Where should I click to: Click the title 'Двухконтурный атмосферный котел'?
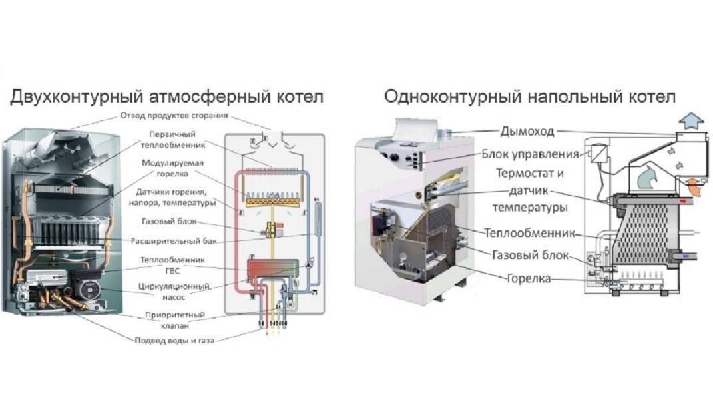166,97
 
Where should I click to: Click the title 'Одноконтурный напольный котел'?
530,97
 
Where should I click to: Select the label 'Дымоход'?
527,131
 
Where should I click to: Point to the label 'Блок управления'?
529,154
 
